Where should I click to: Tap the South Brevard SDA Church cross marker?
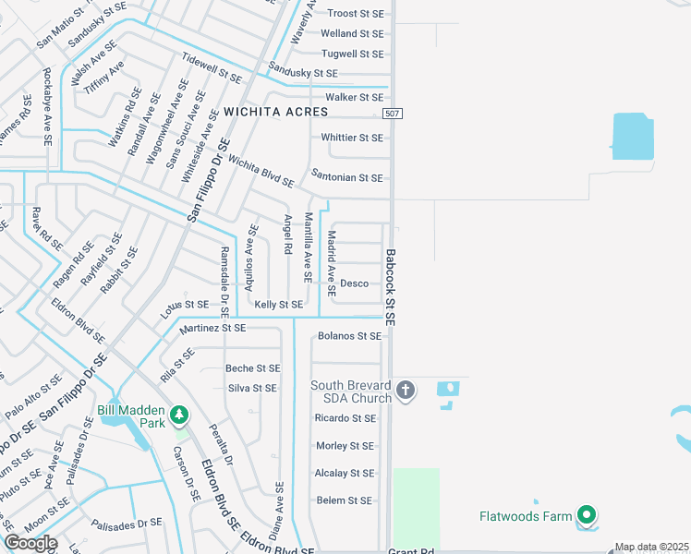point(405,391)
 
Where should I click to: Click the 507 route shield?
point(392,112)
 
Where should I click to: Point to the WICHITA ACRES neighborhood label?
point(275,112)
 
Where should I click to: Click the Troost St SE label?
point(355,14)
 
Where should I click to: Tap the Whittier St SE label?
point(351,138)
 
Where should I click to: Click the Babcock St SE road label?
point(391,286)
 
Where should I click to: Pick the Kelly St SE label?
point(278,305)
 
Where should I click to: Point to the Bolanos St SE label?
point(348,336)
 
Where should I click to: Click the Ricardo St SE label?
point(345,418)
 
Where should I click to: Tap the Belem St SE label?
point(344,500)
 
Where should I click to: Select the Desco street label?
point(354,283)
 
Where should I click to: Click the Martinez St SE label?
point(212,328)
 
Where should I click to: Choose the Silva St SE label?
point(252,389)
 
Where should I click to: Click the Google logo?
point(30,543)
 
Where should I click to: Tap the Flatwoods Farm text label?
point(525,516)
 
